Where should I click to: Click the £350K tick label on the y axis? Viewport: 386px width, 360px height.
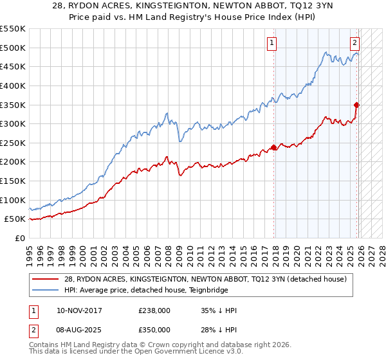(x=13, y=104)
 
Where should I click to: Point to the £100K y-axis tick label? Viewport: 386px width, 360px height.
(x=13, y=200)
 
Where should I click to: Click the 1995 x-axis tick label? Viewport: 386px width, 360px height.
(x=30, y=251)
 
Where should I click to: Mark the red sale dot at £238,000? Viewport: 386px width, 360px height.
(x=274, y=147)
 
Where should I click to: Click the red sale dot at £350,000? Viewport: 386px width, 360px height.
(x=356, y=105)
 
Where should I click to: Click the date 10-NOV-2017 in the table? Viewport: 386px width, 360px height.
(x=78, y=310)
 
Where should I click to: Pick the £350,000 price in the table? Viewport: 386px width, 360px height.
(x=154, y=329)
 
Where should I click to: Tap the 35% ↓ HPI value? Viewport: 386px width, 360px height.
(x=219, y=310)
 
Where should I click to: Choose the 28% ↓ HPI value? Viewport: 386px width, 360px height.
(x=219, y=329)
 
